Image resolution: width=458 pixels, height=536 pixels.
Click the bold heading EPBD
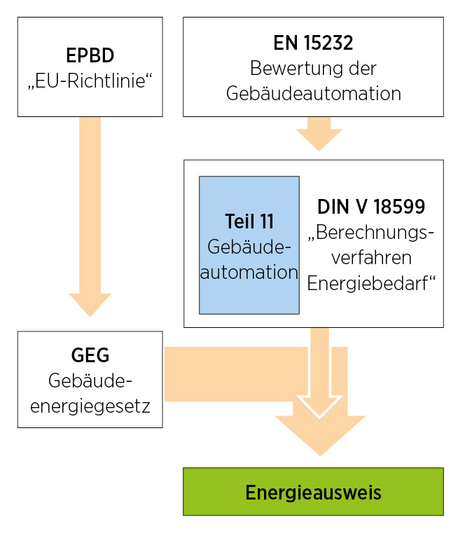click(x=90, y=56)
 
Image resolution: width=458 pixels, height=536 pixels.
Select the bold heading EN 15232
click(x=313, y=43)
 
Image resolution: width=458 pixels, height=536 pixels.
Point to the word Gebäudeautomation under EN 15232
click(x=313, y=93)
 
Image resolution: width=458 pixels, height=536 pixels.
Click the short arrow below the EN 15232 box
click(x=319, y=134)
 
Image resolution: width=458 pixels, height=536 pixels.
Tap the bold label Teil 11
click(x=249, y=221)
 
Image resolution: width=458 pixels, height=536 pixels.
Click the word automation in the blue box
click(x=249, y=272)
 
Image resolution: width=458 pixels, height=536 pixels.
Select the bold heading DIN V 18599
click(x=371, y=207)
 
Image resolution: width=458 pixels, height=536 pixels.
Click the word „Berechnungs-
click(x=371, y=233)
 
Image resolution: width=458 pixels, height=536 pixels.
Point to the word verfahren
click(x=371, y=257)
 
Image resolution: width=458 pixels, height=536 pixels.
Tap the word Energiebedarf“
click(x=371, y=282)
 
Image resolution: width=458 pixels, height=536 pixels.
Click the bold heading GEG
click(x=90, y=355)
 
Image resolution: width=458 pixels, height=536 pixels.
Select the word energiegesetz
click(x=90, y=405)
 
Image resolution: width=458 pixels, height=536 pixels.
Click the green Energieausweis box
click(x=313, y=492)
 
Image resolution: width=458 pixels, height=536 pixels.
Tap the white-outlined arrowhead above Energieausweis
click(x=319, y=405)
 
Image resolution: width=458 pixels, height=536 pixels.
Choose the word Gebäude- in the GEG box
click(x=90, y=380)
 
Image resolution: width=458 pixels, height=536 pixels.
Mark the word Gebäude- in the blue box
click(x=249, y=247)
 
